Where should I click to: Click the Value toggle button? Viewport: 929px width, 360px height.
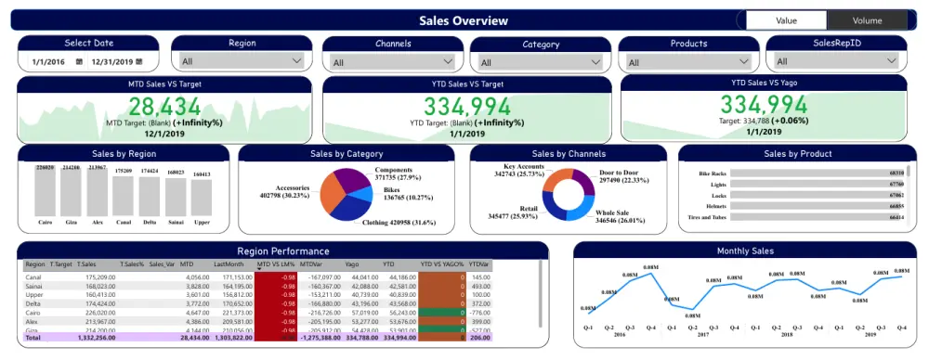[786, 20]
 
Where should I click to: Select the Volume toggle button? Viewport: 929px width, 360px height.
[867, 20]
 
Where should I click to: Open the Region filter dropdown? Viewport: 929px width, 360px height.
[242, 61]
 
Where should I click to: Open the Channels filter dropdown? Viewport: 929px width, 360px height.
[393, 62]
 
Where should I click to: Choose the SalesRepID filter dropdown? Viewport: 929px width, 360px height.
[838, 61]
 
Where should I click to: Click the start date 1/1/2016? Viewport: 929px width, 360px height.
[46, 61]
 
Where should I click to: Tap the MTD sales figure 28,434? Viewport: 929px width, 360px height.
[164, 106]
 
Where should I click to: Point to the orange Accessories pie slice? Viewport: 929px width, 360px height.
[332, 190]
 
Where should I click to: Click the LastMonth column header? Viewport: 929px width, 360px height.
[229, 264]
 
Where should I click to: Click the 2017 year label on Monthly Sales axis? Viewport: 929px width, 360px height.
[703, 334]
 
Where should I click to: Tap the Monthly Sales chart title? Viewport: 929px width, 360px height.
[745, 251]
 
